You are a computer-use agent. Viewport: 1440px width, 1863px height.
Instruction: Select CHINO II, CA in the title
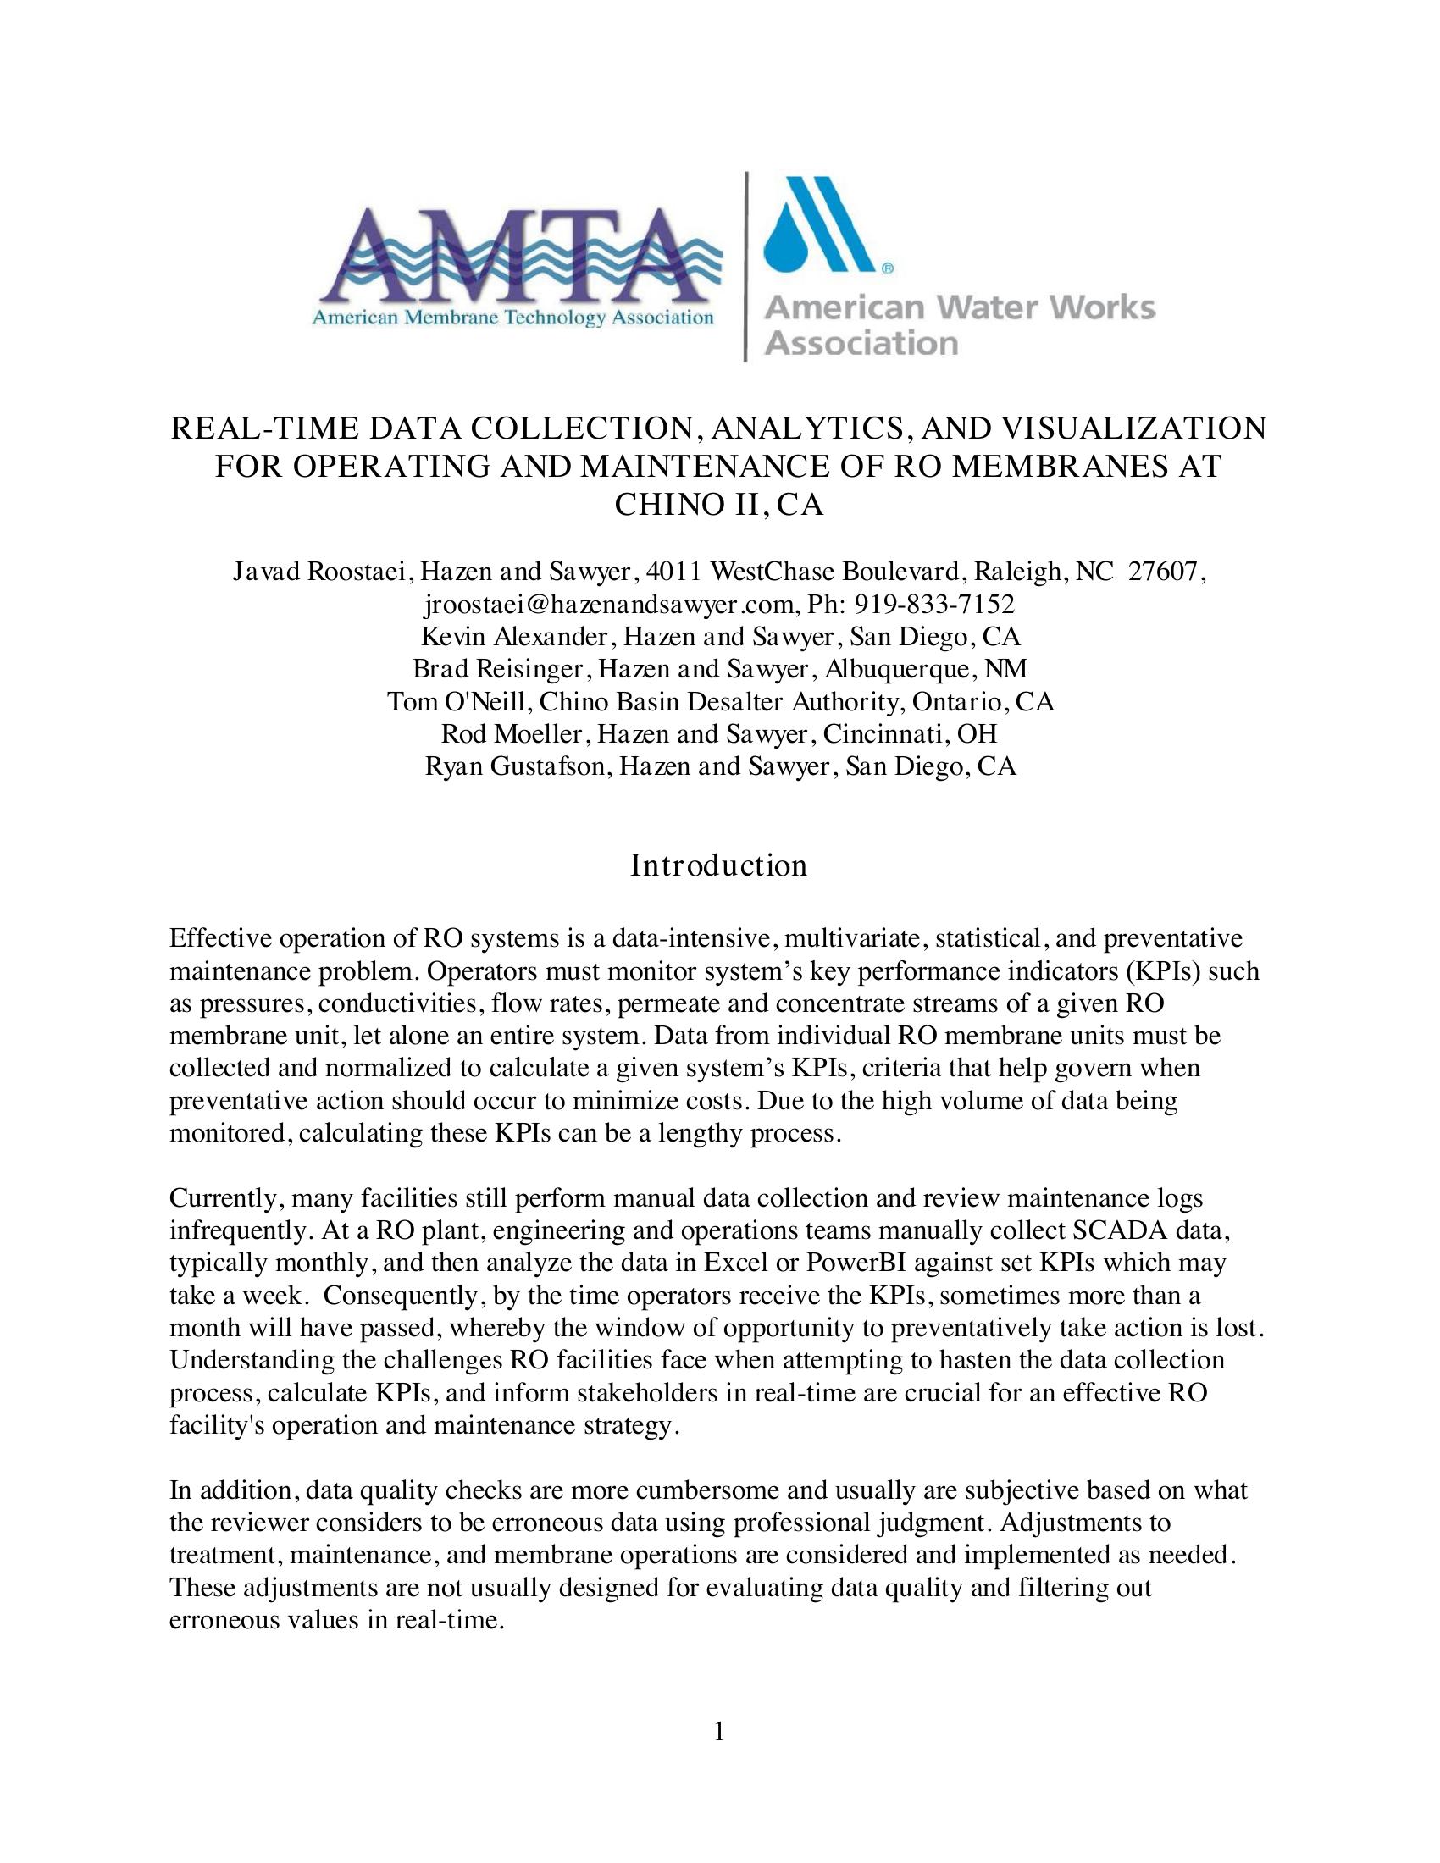pyautogui.click(x=719, y=505)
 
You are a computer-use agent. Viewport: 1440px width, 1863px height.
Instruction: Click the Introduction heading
pyautogui.click(x=718, y=865)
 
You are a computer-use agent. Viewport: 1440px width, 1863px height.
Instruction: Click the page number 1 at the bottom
pyautogui.click(x=719, y=1731)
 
